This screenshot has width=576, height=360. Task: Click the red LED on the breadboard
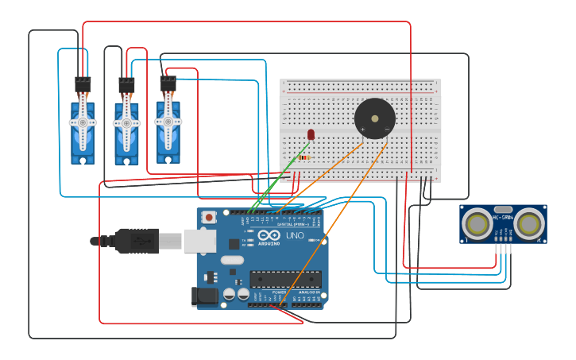tap(311, 134)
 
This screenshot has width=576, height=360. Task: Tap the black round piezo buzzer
tap(375, 118)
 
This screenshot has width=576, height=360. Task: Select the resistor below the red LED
tap(305, 157)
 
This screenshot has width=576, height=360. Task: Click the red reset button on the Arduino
tap(209, 216)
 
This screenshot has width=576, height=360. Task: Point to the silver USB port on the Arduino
tap(199, 241)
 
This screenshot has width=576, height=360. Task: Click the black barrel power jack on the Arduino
tap(204, 296)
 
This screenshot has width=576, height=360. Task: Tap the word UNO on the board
tap(295, 236)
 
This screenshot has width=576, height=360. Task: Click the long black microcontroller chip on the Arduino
tap(286, 279)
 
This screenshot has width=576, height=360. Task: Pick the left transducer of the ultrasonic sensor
tap(477, 223)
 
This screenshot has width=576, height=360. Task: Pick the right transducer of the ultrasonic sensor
tap(528, 223)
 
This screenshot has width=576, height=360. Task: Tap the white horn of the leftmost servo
tap(83, 123)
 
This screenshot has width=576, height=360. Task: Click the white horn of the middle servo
tap(126, 123)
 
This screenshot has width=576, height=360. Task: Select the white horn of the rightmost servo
tap(168, 122)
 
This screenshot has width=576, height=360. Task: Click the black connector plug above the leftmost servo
tap(83, 83)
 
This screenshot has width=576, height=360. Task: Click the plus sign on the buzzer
tap(363, 129)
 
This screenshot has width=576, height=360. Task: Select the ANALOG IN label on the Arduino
tap(308, 292)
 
